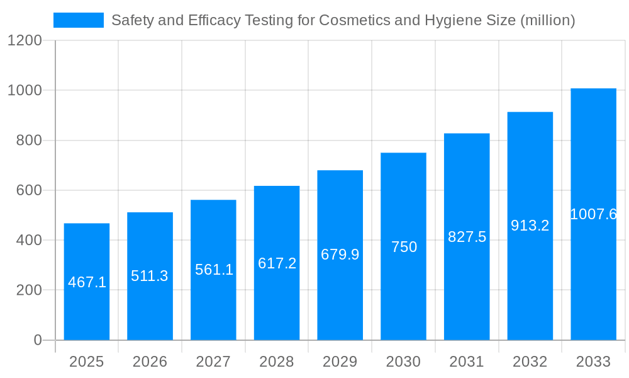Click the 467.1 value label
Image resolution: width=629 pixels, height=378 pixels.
click(87, 282)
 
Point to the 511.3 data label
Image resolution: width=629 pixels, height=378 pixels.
click(150, 276)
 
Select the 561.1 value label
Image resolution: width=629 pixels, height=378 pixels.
click(214, 270)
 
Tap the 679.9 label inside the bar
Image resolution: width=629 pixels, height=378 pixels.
click(340, 255)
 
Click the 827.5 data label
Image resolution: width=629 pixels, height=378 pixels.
click(467, 237)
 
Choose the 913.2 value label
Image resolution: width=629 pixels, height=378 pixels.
click(530, 226)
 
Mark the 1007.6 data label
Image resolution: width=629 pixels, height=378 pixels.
click(593, 214)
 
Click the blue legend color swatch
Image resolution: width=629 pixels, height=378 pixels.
click(79, 20)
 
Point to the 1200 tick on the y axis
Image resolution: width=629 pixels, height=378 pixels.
click(25, 40)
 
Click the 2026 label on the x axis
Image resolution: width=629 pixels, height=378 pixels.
click(150, 362)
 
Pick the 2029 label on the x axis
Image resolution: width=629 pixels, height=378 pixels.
click(340, 362)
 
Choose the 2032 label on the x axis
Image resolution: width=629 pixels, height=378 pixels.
click(530, 362)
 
